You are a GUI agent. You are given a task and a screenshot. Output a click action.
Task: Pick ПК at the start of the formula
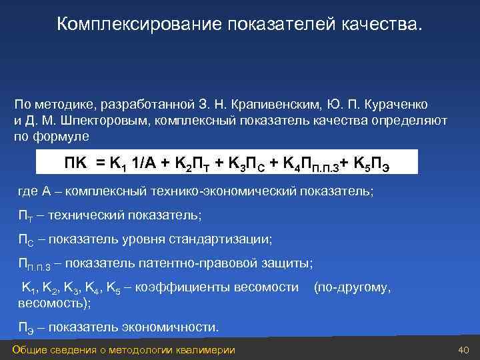(x=77, y=162)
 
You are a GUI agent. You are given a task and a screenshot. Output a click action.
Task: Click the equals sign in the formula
(x=100, y=162)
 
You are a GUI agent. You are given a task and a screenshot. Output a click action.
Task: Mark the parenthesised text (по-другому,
(x=352, y=287)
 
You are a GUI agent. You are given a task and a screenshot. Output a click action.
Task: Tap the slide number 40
(x=465, y=351)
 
